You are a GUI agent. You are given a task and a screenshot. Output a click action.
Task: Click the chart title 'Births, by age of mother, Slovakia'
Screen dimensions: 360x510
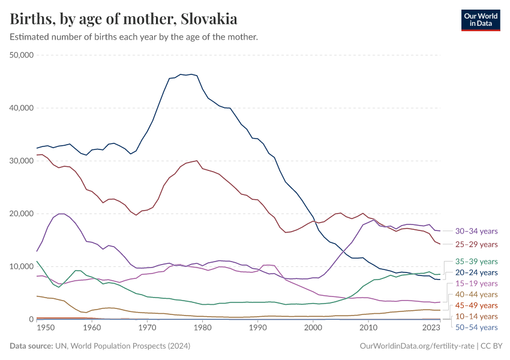[124, 19]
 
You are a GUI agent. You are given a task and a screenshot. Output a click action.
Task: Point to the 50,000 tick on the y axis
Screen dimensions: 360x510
[22, 55]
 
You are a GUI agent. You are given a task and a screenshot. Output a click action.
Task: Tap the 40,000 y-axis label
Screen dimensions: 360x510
[22, 108]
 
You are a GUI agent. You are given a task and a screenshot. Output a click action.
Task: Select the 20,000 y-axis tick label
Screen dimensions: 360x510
[22, 214]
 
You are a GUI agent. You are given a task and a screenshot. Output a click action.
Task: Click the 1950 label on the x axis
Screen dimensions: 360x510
[37, 329]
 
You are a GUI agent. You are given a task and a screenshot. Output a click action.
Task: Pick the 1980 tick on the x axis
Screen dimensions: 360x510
[202, 329]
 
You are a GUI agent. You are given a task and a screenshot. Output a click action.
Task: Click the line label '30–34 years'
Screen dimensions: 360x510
[476, 231]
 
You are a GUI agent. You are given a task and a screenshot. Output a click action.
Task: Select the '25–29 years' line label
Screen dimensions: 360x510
[476, 244]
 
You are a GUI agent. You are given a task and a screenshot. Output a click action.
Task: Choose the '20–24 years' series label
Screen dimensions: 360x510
[476, 272]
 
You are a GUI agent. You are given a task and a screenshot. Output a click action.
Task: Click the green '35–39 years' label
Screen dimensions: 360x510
[476, 262]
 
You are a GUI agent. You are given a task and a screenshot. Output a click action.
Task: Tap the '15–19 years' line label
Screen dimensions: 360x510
[476, 283]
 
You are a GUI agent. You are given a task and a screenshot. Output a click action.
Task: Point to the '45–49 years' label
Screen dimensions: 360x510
[476, 305]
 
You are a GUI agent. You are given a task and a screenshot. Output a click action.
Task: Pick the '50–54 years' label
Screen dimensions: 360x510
[476, 327]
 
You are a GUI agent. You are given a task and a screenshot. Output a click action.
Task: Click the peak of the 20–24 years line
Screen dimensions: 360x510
[191, 74]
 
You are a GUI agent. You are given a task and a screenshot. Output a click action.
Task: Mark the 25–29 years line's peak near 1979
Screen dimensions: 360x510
[197, 161]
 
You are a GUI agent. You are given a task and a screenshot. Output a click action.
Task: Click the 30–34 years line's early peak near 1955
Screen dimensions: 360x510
[61, 214]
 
